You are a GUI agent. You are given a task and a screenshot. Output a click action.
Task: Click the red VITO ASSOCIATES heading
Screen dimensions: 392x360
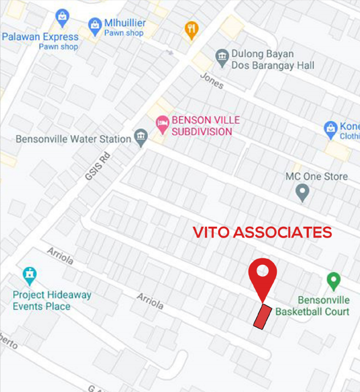[262, 233]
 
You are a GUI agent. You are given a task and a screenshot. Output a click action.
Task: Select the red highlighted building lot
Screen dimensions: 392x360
[262, 316]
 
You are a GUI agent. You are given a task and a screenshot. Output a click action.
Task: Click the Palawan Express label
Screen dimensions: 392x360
[40, 37]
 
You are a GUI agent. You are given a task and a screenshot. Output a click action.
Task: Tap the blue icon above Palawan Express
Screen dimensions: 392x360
[63, 16]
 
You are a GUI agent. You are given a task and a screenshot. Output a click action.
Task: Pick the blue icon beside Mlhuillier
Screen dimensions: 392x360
[96, 24]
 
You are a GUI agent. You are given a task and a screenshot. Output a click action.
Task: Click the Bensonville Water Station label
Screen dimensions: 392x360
[73, 139]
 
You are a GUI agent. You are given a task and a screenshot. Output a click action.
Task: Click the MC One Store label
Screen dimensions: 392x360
[316, 177]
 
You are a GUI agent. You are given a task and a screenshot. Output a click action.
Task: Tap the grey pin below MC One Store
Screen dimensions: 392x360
[302, 191]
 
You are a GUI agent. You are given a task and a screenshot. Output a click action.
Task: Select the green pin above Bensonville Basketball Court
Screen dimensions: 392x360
[333, 281]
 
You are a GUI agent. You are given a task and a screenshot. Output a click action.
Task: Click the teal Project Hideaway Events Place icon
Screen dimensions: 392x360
[29, 276]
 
